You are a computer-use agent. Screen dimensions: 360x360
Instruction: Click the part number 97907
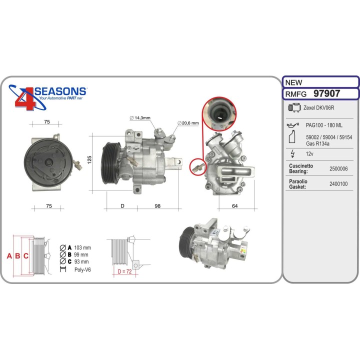pos(326,93)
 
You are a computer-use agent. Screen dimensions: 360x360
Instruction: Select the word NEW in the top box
pos(292,82)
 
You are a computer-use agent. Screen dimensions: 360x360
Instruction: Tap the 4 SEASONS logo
pos(48,97)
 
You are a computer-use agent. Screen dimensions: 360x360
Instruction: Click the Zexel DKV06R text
pos(318,108)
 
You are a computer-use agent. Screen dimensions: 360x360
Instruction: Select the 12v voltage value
pos(310,154)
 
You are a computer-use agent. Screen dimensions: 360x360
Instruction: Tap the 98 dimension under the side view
pos(157,205)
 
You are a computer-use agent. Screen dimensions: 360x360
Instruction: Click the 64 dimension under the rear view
pos(235,205)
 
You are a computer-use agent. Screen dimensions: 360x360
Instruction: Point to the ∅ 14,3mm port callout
pos(140,118)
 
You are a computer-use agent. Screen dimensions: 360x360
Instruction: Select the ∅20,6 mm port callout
pos(188,123)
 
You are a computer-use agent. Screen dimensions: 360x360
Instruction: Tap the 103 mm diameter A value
pos(82,248)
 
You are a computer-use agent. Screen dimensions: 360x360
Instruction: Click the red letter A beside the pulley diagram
pos(9,256)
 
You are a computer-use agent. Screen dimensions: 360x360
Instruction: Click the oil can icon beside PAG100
pos(292,124)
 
